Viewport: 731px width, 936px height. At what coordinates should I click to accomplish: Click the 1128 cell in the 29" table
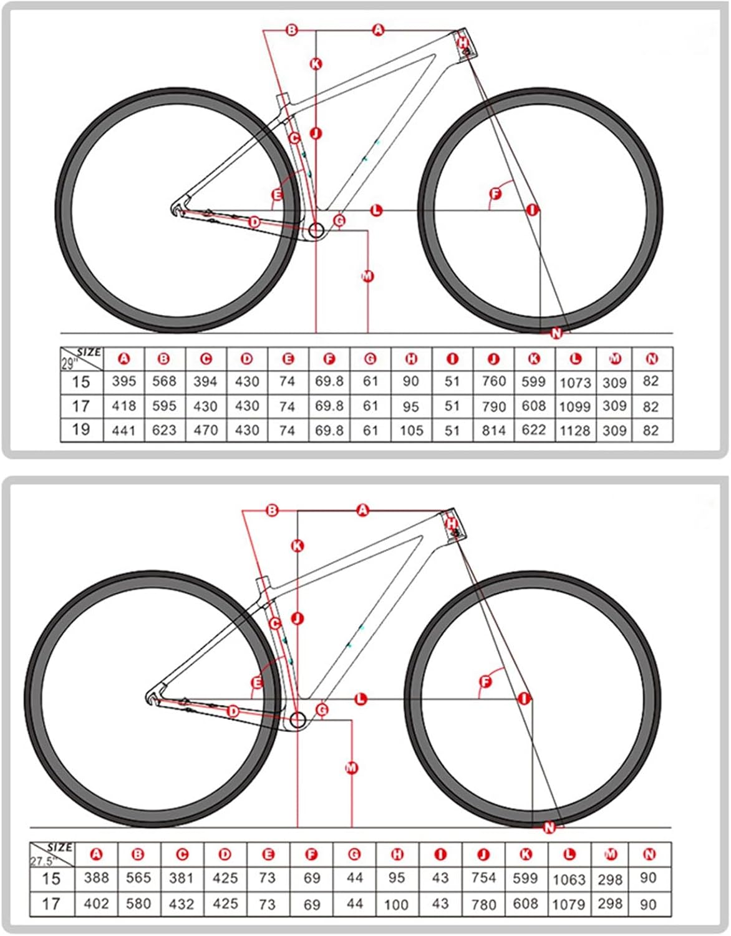click(574, 431)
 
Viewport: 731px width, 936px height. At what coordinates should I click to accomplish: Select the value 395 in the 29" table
click(123, 381)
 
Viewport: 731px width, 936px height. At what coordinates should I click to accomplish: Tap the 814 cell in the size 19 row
click(493, 431)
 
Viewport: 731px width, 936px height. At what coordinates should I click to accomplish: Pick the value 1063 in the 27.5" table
click(569, 879)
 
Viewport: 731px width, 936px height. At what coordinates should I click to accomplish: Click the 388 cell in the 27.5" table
click(96, 878)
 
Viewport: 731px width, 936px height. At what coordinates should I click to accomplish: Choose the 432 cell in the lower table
click(182, 904)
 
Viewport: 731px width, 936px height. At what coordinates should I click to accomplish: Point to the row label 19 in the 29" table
click(81, 430)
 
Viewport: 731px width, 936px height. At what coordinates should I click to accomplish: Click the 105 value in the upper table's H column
click(411, 431)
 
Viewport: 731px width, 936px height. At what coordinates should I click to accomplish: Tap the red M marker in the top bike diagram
click(367, 276)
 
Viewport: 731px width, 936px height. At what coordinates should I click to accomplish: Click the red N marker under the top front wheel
click(556, 333)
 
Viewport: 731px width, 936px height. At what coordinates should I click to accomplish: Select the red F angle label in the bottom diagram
click(485, 681)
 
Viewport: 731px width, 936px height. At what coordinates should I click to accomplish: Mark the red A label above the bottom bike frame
click(363, 510)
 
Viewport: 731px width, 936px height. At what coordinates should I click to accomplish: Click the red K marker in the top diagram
click(316, 63)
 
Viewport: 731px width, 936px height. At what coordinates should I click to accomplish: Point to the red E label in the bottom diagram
click(256, 683)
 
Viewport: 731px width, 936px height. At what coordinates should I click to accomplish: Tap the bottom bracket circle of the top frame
click(316, 230)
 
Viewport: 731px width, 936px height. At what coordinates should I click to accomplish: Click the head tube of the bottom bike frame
click(453, 525)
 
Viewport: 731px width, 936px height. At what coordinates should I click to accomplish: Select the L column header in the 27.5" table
click(569, 854)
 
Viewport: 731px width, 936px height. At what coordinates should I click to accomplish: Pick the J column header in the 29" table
click(493, 359)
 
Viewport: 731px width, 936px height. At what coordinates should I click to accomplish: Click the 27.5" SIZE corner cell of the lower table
click(52, 854)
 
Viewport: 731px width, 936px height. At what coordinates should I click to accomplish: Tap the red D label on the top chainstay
click(254, 222)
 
